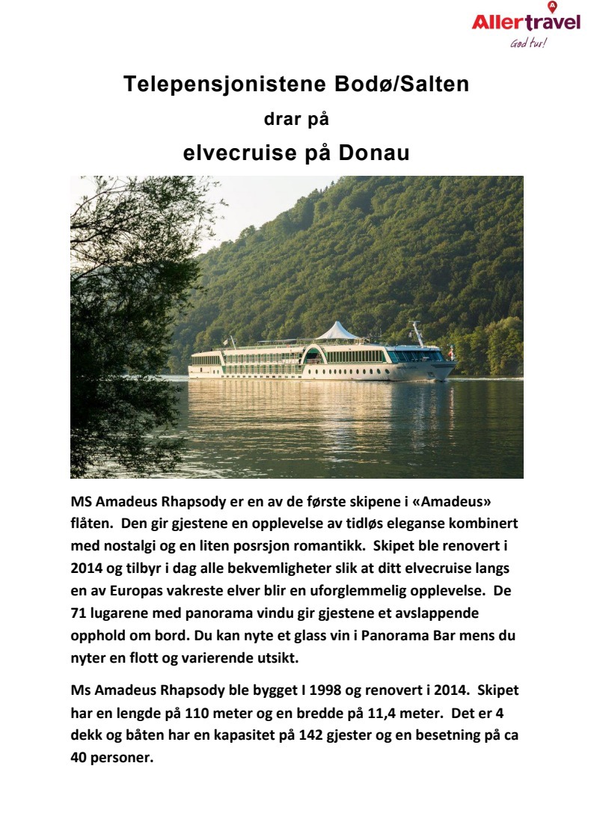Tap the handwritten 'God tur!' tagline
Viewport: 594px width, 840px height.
coord(528,43)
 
